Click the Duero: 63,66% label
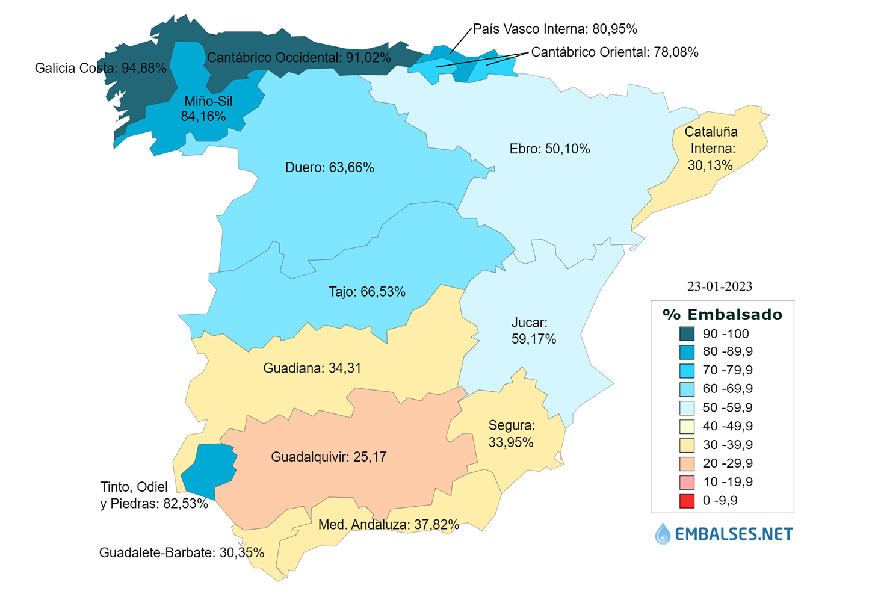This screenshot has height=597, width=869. point(329,168)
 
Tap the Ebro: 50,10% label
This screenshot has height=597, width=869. point(549,149)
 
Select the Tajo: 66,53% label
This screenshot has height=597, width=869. point(366,292)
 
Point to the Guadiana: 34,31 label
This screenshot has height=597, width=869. point(312,368)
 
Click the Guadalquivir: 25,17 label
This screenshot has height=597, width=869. point(329,457)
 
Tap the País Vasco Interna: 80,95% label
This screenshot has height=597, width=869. point(555,29)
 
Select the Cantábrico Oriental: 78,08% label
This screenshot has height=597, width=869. point(614,52)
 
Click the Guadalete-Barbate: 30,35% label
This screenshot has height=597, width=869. point(181,553)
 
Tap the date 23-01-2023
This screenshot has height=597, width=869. point(720,286)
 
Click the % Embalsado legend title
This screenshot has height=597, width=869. point(722,315)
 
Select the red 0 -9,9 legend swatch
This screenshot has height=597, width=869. point(687,501)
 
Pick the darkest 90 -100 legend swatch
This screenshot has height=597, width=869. point(687,334)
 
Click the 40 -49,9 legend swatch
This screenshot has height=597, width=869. point(687,427)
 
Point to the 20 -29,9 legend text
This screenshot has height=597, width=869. point(728,463)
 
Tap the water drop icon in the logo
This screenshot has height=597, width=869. point(663,534)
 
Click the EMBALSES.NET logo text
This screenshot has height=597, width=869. point(734,534)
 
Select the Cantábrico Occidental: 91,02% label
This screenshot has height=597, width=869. point(299,58)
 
